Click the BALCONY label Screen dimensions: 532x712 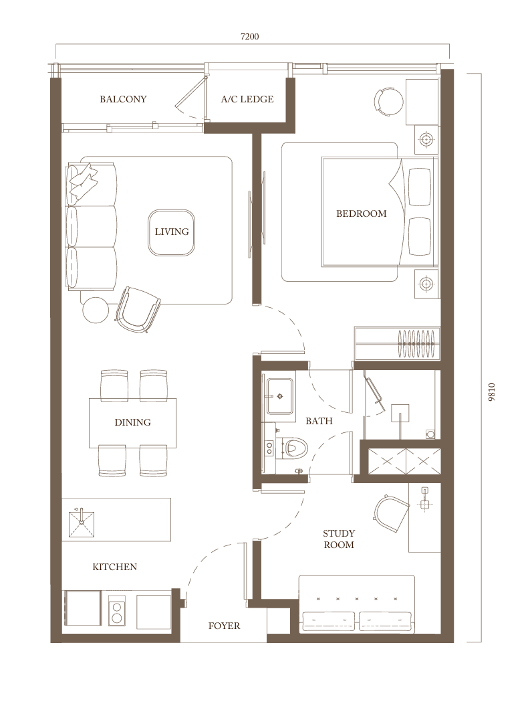tap(123, 99)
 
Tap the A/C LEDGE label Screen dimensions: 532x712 tap(247, 99)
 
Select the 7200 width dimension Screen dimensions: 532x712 tap(249, 36)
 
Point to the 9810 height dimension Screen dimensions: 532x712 tap(492, 392)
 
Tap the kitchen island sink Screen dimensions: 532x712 tap(81, 518)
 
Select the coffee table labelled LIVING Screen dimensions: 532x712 tap(172, 232)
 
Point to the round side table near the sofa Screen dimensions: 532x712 tap(96, 310)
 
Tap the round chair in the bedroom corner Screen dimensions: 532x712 tap(388, 101)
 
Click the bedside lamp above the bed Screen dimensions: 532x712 tap(426, 139)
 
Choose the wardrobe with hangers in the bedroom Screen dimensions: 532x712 tap(398, 343)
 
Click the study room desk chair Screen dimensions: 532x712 tap(391, 513)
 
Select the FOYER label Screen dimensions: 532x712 tap(224, 626)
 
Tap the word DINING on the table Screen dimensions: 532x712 tap(132, 422)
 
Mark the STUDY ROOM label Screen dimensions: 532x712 tap(339, 539)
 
